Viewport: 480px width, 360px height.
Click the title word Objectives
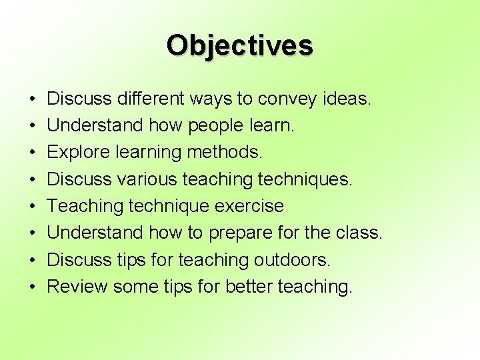coord(239,46)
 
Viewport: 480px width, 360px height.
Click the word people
coord(211,126)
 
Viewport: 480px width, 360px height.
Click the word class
coord(359,233)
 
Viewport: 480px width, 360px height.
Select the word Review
coord(77,287)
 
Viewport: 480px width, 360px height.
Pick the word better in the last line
coord(249,287)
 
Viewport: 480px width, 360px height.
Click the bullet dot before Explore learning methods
coord(33,153)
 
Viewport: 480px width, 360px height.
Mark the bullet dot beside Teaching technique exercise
coord(33,206)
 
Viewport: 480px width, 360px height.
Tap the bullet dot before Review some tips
coord(33,287)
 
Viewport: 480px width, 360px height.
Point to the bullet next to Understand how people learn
coord(33,126)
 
